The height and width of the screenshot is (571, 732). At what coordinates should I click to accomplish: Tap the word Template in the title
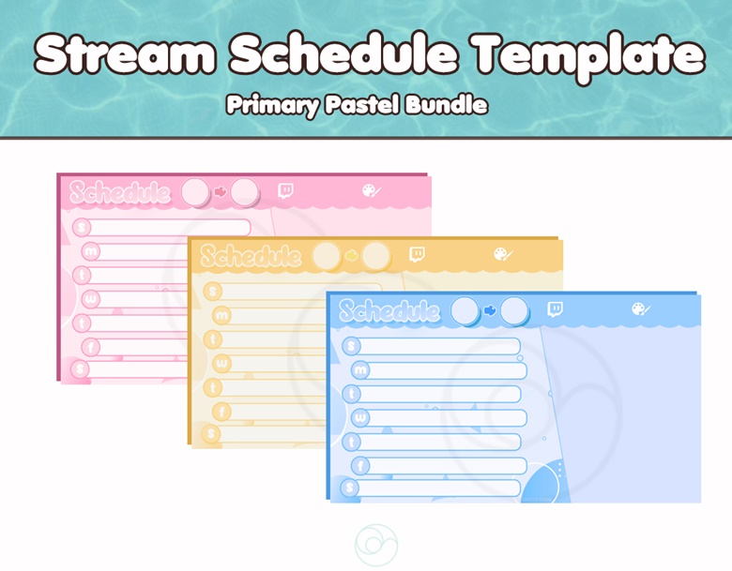[590, 57]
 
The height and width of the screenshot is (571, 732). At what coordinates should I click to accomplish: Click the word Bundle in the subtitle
[446, 104]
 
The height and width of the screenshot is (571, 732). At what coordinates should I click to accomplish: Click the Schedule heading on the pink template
[120, 192]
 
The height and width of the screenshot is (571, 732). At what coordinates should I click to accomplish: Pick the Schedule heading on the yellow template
[252, 256]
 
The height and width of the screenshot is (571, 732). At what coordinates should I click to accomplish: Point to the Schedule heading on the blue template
[389, 310]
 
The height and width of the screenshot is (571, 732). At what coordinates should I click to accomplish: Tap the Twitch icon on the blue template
[555, 308]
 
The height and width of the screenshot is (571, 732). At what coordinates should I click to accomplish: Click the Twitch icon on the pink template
[285, 190]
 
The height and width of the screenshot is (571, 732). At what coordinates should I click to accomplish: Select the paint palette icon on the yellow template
[503, 254]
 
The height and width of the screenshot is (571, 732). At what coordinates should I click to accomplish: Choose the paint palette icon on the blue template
[641, 308]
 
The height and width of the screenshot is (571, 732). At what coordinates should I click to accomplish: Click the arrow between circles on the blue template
[490, 310]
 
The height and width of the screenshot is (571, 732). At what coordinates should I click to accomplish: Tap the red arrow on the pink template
[221, 191]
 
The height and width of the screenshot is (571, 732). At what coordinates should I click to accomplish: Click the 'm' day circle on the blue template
[360, 370]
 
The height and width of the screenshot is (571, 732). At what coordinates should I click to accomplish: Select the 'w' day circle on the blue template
[360, 417]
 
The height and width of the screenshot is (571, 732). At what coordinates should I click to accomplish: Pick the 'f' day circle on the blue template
[360, 466]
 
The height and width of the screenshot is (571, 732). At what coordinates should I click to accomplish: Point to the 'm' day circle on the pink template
[91, 251]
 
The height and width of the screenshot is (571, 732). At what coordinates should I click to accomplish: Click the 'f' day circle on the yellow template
[221, 412]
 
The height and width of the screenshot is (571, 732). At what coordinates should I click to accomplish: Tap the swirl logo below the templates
[376, 545]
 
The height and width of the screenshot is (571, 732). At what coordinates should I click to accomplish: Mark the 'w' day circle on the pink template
[91, 299]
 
